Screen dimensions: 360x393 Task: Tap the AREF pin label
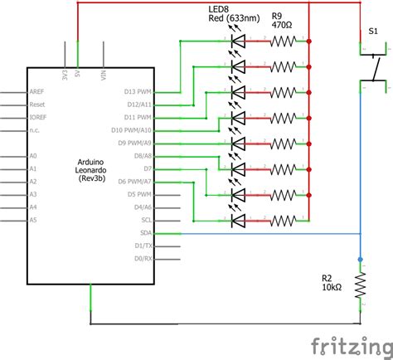tap(37, 91)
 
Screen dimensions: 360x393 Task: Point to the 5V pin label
tap(77, 75)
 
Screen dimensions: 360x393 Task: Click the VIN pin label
tap(104, 75)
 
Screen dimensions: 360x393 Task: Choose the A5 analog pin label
tap(33, 220)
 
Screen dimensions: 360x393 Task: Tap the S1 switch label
tap(373, 31)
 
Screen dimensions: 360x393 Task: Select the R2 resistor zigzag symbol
tap(361, 286)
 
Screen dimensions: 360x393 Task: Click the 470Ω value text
tap(283, 25)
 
